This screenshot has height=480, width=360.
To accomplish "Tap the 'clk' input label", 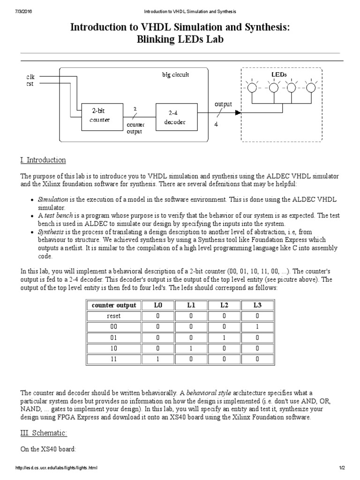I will (x=30, y=76).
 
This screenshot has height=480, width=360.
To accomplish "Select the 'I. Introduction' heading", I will (x=43, y=160).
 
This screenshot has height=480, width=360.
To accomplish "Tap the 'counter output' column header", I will (x=114, y=305).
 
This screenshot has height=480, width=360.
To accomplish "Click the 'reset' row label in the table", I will (x=114, y=316).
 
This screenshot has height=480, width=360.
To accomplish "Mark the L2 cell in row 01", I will (x=224, y=337).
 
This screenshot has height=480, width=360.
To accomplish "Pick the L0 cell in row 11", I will (x=157, y=359).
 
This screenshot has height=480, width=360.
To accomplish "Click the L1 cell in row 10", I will (x=191, y=348).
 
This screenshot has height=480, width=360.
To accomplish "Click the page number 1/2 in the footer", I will (x=342, y=468).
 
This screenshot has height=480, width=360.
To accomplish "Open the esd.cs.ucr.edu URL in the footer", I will (x=56, y=468).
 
